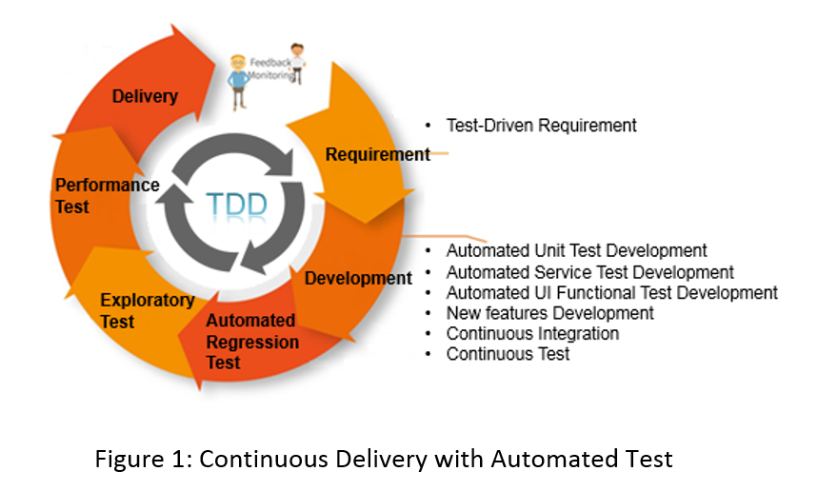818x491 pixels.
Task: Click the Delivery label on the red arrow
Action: (145, 96)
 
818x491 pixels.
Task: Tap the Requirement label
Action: (378, 154)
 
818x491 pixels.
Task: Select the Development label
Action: (358, 279)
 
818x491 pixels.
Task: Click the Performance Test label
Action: (108, 195)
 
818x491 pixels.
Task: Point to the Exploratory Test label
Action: (148, 310)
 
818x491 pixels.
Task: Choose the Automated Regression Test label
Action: (252, 342)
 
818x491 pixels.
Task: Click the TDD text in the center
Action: (236, 205)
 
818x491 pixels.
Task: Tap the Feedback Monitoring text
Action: (270, 69)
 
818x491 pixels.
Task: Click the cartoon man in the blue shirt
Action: (238, 82)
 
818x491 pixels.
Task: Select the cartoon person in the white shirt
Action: (297, 63)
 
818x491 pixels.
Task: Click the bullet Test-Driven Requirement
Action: (542, 126)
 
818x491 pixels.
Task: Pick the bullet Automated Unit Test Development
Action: (576, 250)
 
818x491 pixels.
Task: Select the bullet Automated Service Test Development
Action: (590, 272)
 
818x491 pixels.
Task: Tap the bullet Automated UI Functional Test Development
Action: (612, 293)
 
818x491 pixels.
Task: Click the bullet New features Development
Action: (549, 313)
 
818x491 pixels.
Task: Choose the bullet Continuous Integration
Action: (532, 334)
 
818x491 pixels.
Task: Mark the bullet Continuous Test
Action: (508, 354)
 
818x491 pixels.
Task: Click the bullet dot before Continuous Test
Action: (429, 354)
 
